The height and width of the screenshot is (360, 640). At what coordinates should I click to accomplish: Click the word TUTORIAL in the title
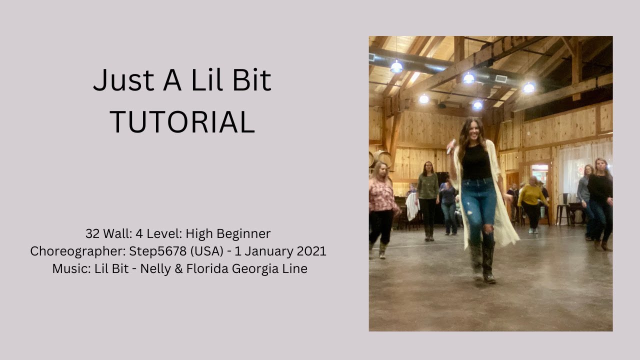coord(182,122)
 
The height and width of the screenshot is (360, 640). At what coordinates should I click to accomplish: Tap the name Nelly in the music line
coord(155,268)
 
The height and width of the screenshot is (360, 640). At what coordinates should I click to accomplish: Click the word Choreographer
coord(70,251)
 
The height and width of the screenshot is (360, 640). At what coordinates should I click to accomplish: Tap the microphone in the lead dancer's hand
coord(451,146)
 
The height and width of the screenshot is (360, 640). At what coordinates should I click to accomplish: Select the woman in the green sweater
coord(427,197)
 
